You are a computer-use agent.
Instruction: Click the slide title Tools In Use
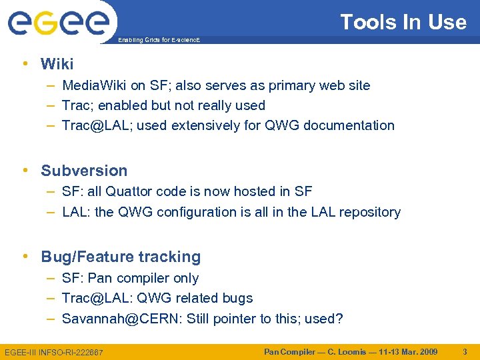point(403,22)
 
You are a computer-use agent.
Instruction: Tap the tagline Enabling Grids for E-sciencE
point(158,41)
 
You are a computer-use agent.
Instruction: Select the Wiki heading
point(57,64)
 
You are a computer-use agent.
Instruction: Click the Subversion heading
point(83,171)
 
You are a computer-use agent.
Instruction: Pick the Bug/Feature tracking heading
point(120,257)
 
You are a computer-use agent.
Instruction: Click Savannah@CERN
point(121,319)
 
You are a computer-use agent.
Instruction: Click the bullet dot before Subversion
point(25,171)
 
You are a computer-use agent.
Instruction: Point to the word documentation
point(349,125)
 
